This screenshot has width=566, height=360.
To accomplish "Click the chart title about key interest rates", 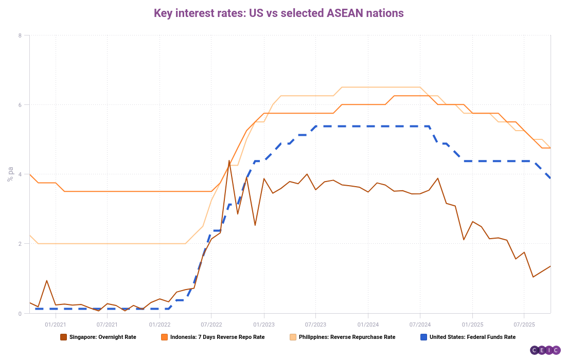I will (x=278, y=13).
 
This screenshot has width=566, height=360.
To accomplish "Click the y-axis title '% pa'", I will (x=10, y=174).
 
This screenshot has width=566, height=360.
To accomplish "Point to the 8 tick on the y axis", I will (x=20, y=35).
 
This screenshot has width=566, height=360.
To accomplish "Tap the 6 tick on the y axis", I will (x=20, y=105).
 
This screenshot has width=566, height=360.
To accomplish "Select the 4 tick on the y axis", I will (x=20, y=174).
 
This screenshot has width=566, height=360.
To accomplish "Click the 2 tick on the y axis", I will (x=20, y=244).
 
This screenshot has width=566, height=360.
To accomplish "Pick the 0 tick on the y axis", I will (x=20, y=313).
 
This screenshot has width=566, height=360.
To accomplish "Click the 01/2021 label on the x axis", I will (x=55, y=325).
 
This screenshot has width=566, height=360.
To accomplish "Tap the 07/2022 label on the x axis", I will (x=211, y=325).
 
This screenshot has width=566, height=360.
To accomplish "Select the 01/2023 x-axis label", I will (x=263, y=325).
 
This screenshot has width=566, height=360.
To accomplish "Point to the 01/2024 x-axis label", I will (x=367, y=325).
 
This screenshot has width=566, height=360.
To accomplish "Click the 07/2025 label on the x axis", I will (x=523, y=325).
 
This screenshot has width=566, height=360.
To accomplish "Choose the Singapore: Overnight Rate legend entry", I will (x=101, y=337).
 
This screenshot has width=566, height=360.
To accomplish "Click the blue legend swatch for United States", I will (x=423, y=337).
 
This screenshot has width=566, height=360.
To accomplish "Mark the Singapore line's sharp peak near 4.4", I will (x=229, y=160).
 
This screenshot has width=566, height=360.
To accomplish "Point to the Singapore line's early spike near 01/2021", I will (x=47, y=281).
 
